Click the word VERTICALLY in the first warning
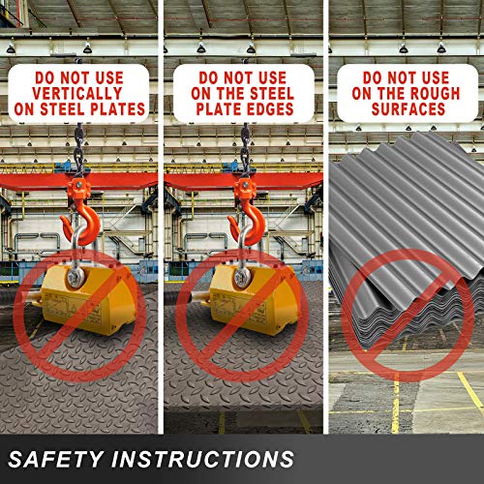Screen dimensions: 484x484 click(77, 94)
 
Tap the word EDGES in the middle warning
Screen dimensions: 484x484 click(271, 109)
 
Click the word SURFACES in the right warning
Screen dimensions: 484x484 click(408, 108)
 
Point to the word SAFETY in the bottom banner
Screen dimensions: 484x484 click(54, 459)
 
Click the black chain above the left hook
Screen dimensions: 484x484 click(78, 150)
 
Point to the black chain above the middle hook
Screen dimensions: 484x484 click(245, 150)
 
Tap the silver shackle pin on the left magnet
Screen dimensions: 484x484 click(76, 277)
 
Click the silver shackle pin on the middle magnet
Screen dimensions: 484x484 click(243, 277)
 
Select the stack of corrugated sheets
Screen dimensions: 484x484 click(407, 240)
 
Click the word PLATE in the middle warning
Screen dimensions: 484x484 click(220, 109)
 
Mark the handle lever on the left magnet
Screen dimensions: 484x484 click(37, 298)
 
